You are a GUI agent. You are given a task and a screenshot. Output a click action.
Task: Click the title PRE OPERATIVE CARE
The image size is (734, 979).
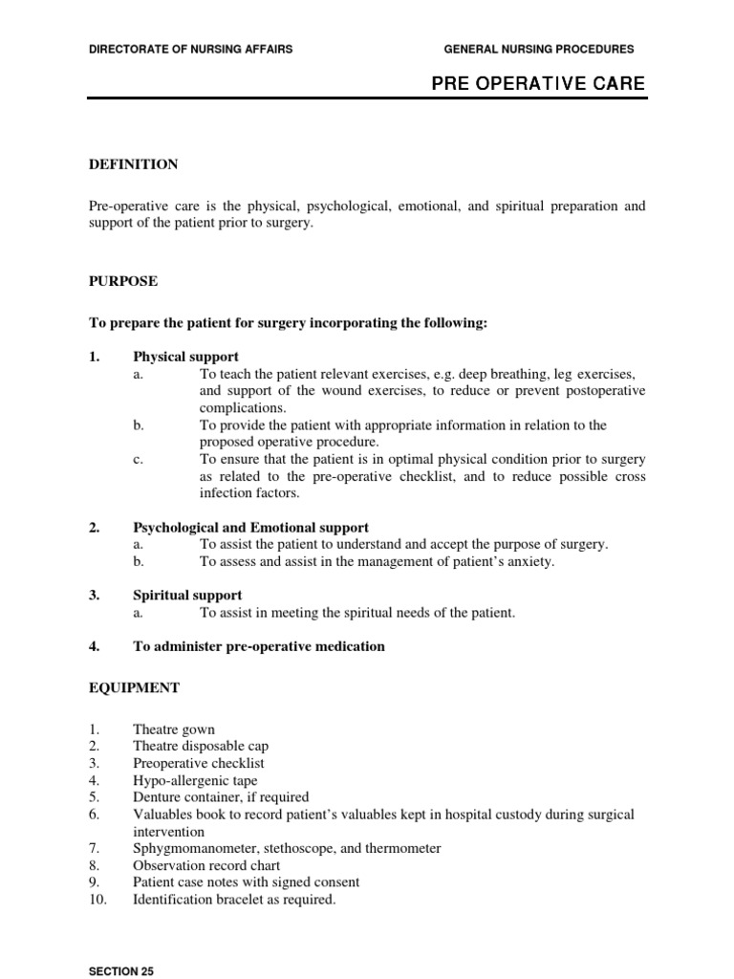[x=538, y=84]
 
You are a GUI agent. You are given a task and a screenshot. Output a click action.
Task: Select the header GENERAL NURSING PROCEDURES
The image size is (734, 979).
[x=539, y=49]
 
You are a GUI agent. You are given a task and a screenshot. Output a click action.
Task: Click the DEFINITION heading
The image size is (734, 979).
[x=133, y=164]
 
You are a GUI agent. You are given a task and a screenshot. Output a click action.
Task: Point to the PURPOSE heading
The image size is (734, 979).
[x=123, y=281]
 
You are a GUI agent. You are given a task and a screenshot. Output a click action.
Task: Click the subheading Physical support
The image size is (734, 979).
[x=185, y=357]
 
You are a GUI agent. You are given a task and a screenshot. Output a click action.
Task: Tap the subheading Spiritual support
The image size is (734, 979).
[x=187, y=595]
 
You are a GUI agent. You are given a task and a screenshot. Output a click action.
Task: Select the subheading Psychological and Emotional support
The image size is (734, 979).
[x=250, y=527]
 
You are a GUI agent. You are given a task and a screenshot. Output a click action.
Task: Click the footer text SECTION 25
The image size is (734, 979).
[x=120, y=971]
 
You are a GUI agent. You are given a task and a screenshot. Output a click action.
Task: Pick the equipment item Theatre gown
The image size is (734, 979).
[x=174, y=729]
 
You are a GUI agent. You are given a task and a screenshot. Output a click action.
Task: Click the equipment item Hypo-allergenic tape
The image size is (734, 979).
[x=195, y=780]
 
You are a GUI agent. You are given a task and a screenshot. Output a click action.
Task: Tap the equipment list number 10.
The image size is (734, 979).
[x=97, y=900]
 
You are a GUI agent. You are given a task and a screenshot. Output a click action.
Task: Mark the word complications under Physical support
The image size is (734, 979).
[x=241, y=407]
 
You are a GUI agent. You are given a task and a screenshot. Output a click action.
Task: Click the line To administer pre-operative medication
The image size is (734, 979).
[x=258, y=646]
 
